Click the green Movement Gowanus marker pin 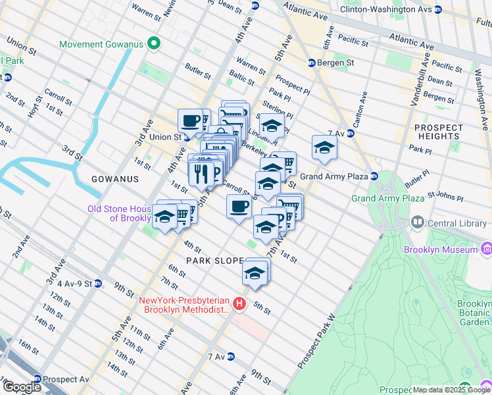pyautogui.click(x=154, y=45)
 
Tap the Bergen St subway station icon pyautogui.click(x=312, y=63)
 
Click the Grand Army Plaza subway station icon pyautogui.click(x=374, y=176)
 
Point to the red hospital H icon pyautogui.click(x=239, y=303)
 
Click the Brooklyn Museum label pyautogui.click(x=441, y=250)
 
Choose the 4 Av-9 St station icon pyautogui.click(x=98, y=284)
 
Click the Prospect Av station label pyautogui.click(x=66, y=379)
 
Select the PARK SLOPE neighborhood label pyautogui.click(x=215, y=261)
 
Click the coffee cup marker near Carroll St pyautogui.click(x=239, y=207)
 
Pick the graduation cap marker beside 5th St pyautogui.click(x=255, y=272)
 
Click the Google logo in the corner pyautogui.click(x=22, y=387)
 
